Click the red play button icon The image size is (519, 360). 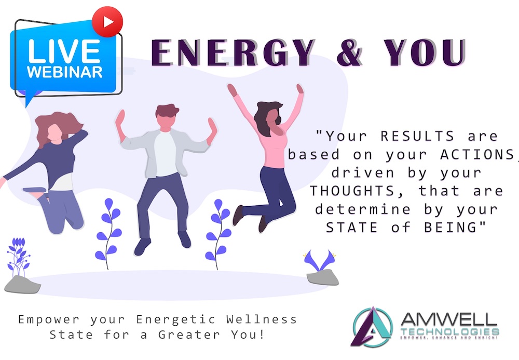(107, 22)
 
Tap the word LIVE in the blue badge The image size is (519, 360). (64, 51)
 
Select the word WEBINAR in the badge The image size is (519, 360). (64, 72)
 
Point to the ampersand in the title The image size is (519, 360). (350, 52)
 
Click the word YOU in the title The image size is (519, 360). (425, 52)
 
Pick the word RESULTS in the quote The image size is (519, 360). (417, 136)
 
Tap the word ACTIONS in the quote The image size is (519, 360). (476, 155)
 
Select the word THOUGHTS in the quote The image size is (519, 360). (352, 191)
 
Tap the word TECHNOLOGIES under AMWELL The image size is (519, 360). (450, 331)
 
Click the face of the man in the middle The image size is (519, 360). (165, 121)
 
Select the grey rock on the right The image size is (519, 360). (323, 277)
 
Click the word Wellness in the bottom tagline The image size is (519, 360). (262, 319)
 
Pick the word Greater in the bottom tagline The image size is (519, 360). (189, 335)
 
